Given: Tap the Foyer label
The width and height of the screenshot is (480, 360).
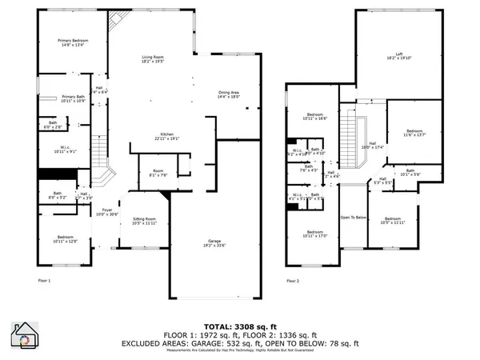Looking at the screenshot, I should [x=106, y=211].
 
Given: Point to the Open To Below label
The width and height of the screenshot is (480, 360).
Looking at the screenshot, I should [x=353, y=217].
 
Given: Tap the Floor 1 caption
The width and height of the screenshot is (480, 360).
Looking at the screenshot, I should [x=44, y=281].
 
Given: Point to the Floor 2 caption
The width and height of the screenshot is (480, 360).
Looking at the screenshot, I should [x=293, y=281].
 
